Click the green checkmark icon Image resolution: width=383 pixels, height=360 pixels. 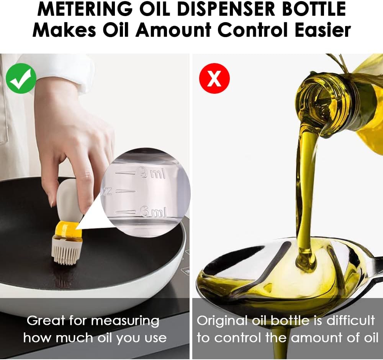point(21,78)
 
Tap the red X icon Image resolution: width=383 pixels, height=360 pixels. point(214,78)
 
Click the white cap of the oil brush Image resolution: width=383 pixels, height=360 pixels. point(69,203)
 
